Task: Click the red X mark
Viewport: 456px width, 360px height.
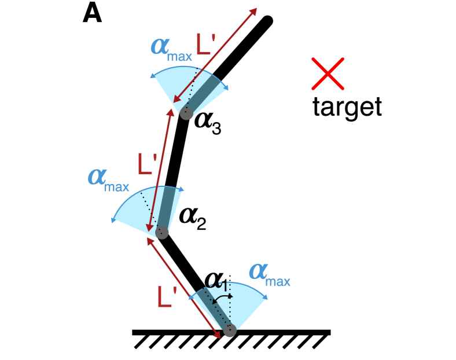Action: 328,74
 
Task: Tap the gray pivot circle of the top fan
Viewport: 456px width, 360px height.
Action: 186,113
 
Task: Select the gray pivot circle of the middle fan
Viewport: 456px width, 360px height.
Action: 162,233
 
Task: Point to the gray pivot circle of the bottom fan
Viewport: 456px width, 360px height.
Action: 230,330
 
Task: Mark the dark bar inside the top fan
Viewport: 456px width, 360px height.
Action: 204,94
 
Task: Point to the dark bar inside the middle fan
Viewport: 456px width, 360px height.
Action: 167,208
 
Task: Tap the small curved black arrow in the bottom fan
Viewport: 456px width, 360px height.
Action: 222,297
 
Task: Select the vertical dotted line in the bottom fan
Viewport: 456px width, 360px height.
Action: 230,307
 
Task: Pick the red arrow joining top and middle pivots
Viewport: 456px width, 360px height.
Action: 160,171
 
